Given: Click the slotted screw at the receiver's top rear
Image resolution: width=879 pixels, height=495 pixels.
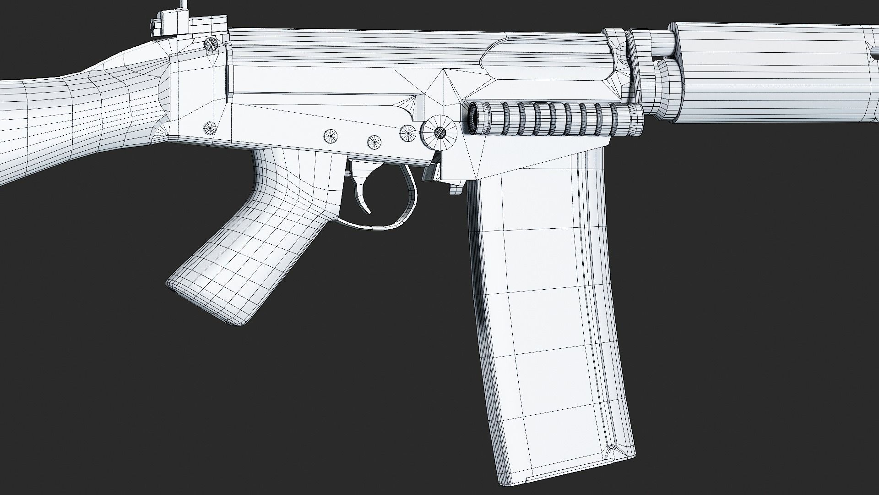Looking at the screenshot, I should click(212, 44).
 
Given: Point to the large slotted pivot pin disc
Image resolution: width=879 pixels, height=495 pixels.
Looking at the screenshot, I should click(439, 132).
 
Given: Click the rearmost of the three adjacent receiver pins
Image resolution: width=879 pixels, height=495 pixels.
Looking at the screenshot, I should click(331, 136).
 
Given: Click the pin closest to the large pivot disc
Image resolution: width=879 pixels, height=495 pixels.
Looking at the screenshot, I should click(408, 132).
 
